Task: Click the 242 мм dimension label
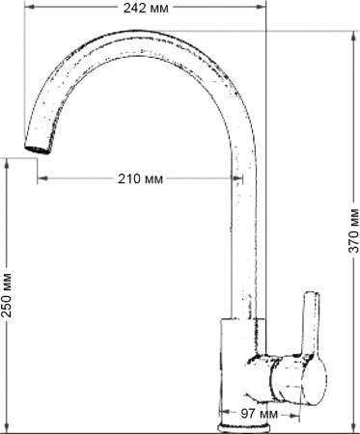tap(145, 9)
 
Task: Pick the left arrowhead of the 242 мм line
tap(25, 10)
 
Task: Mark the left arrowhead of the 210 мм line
tap(42, 178)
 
